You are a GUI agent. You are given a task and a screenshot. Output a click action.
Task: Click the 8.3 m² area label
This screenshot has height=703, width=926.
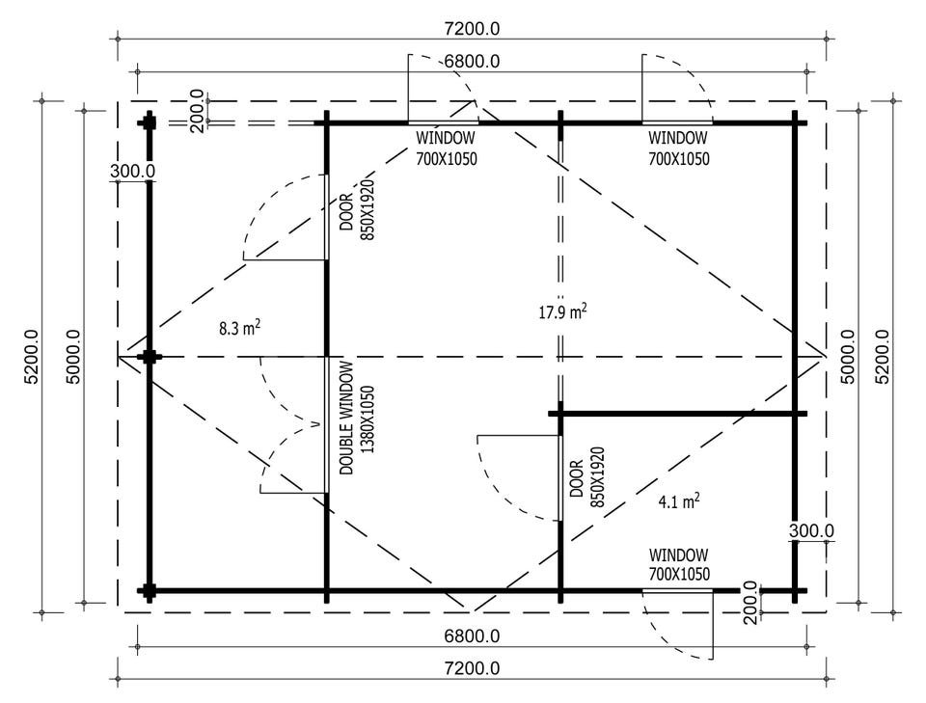(240, 328)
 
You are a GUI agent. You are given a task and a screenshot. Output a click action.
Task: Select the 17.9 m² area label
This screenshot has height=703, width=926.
(562, 311)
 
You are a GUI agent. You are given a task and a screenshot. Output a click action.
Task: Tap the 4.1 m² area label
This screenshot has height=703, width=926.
(679, 501)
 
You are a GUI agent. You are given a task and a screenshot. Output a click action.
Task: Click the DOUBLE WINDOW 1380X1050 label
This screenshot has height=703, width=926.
(357, 418)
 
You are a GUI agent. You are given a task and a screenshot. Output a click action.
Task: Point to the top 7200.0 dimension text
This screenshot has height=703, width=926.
(472, 28)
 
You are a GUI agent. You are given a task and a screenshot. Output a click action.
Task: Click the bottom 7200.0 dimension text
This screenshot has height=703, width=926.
(472, 668)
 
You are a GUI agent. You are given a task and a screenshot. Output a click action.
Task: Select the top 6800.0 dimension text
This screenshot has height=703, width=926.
(472, 62)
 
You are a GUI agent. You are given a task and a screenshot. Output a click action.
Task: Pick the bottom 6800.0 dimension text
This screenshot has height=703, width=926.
(472, 635)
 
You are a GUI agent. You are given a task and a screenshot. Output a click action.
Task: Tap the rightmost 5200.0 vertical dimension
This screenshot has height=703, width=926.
(882, 357)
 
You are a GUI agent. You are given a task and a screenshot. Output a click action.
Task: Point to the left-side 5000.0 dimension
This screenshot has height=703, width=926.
(73, 357)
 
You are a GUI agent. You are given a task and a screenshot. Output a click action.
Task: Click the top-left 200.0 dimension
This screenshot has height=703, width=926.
(197, 111)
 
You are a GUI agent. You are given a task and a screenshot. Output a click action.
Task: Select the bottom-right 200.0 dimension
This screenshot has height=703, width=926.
(750, 602)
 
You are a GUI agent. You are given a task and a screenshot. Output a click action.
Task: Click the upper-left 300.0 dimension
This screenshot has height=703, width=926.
(133, 172)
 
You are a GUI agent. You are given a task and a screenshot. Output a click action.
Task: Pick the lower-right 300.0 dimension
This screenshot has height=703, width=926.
(812, 530)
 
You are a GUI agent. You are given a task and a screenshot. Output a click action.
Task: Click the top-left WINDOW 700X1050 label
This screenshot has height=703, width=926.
(446, 149)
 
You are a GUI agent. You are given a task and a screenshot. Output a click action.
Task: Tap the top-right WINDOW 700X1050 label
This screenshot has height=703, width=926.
(678, 149)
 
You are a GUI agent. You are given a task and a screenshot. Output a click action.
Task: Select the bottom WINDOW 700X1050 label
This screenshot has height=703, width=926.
(679, 564)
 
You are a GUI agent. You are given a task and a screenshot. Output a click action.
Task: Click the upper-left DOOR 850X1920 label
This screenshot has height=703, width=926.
(357, 210)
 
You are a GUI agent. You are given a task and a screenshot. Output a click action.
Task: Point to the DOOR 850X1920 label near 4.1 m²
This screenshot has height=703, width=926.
(587, 478)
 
